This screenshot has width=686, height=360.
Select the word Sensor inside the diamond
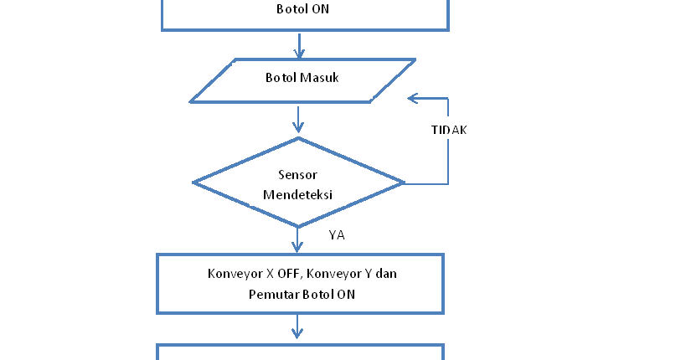[x=297, y=175]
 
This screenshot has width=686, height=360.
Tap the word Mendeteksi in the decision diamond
[x=297, y=194]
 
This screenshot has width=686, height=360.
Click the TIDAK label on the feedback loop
[x=448, y=130]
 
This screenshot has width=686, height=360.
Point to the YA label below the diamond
[x=337, y=235]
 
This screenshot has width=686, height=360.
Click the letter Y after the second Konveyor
[x=381, y=274]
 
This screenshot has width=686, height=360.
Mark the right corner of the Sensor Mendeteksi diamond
[x=403, y=183]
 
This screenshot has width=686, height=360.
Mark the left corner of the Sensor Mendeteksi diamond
[x=194, y=183]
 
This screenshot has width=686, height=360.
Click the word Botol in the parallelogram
[x=281, y=79]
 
